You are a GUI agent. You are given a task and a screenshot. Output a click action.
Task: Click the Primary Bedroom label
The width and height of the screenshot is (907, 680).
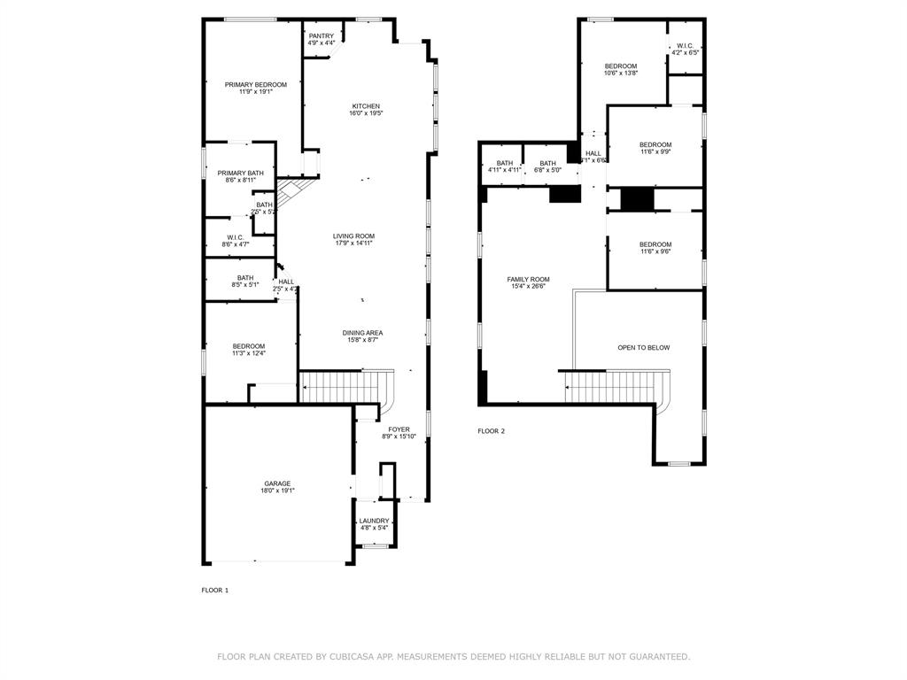(255, 85)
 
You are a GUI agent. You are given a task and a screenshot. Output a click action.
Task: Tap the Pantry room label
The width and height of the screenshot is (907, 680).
(322, 36)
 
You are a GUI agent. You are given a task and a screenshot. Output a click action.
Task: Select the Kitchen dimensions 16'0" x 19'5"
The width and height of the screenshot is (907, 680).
(365, 113)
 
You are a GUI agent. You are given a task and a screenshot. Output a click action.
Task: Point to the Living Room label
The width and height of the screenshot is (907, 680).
(353, 236)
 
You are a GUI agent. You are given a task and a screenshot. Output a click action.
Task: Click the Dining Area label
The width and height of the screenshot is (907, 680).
(362, 333)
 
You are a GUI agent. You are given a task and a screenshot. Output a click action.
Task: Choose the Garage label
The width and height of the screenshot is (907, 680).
(276, 483)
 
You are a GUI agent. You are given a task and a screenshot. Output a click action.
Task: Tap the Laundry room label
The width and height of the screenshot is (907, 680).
(374, 521)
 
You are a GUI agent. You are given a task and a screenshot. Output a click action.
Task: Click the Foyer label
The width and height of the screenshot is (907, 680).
(399, 429)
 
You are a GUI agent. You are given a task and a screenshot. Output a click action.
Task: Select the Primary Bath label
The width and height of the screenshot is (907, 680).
(241, 173)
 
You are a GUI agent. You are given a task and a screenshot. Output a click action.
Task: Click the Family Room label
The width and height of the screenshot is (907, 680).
(528, 279)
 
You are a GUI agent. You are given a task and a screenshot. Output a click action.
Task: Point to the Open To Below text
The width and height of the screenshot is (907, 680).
(643, 348)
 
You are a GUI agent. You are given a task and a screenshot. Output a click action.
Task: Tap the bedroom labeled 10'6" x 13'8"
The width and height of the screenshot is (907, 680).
(621, 66)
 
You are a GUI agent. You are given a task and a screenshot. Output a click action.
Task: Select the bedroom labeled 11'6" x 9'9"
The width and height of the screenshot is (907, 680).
(655, 145)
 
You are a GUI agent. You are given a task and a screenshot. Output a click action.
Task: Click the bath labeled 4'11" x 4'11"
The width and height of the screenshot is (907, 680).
(504, 163)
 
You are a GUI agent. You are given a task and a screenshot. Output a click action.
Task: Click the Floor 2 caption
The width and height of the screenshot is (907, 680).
(491, 431)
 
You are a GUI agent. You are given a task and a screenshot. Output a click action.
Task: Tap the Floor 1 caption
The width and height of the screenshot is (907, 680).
(214, 590)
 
